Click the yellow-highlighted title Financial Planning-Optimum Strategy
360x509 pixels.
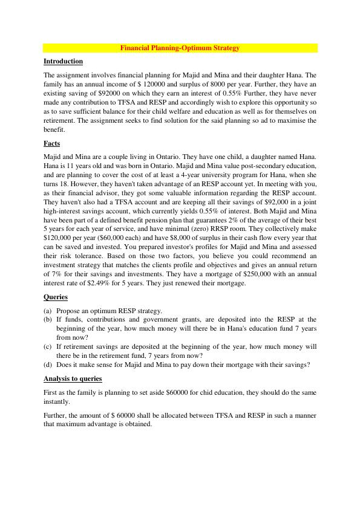(x=180, y=47)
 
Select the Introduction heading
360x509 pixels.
(x=63, y=61)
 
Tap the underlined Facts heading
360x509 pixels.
(x=52, y=144)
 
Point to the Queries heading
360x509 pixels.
(x=56, y=297)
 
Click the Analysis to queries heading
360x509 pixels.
(x=73, y=378)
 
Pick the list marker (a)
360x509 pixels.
(x=48, y=311)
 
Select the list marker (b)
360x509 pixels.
(x=48, y=320)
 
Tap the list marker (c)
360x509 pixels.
(x=48, y=346)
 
